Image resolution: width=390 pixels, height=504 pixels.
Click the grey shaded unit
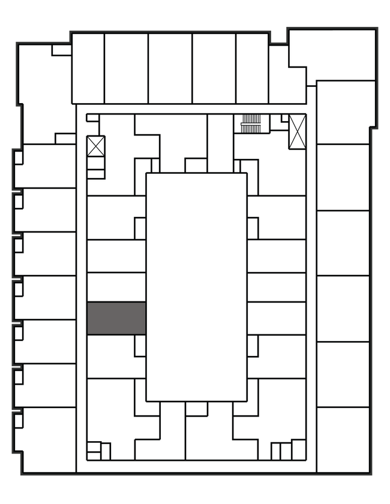click(116, 318)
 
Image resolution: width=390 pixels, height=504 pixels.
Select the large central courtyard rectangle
click(196, 287)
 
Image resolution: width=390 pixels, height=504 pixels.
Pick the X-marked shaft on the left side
click(95, 146)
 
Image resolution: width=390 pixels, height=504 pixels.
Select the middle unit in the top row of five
click(170, 68)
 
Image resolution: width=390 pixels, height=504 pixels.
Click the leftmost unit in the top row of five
click(88, 68)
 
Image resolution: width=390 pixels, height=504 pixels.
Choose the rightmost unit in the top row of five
click(251, 68)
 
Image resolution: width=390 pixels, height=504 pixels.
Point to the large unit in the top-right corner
click(333, 54)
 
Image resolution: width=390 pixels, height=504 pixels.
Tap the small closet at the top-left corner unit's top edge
click(61, 50)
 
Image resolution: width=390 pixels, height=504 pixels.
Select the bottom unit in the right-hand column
click(342, 439)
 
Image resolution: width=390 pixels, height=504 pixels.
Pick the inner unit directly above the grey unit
click(116, 287)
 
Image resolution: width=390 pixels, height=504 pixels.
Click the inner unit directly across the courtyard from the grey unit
click(276, 318)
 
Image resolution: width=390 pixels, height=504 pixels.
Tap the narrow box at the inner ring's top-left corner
click(92, 118)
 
